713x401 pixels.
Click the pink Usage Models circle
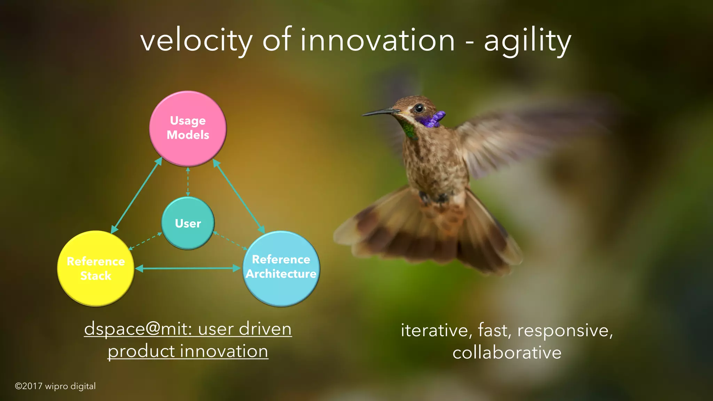coord(188,128)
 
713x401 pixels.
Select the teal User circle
coord(188,223)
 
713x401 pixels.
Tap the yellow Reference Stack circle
coord(96,268)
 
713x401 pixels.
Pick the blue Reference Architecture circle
coord(281,268)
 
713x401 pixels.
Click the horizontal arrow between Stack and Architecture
coord(188,268)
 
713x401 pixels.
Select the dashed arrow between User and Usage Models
coord(188,182)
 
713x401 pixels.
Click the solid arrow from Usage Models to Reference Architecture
coord(239,196)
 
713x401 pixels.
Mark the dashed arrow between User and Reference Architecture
coord(230,241)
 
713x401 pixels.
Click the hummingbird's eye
coord(419,108)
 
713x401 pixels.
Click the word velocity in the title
coord(196,41)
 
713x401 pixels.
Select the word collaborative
coord(507,352)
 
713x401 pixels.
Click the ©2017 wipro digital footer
coord(55,386)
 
